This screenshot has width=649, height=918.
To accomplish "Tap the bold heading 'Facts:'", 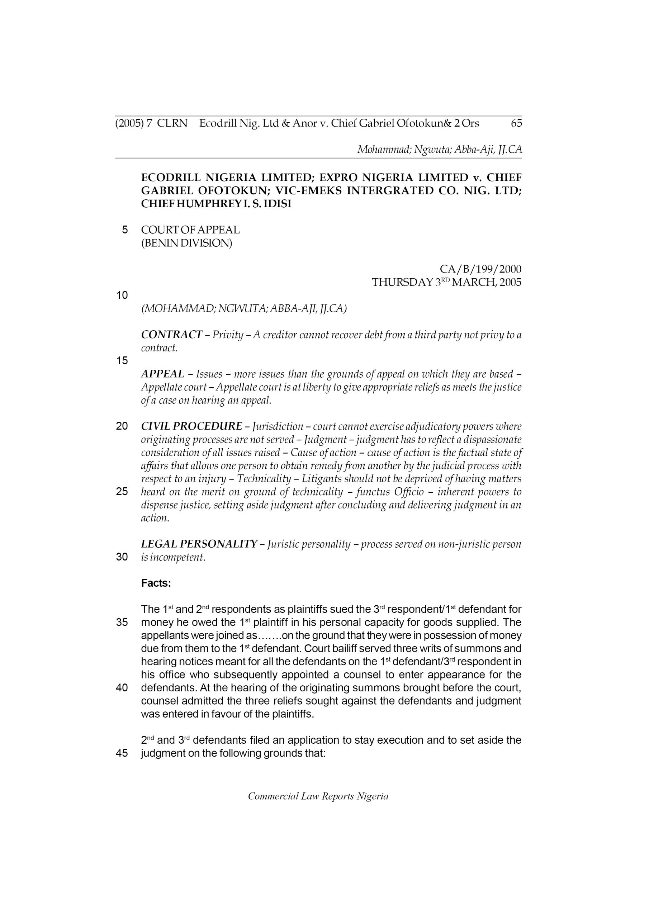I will pyautogui.click(x=156, y=583).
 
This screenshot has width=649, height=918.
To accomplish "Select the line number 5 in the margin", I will pyautogui.click(x=125, y=230).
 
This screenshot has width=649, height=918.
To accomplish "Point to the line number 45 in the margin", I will pyautogui.click(x=122, y=753).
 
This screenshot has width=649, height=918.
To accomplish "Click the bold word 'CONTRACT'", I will pyautogui.click(x=171, y=335).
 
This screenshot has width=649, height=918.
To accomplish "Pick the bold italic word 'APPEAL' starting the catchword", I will pyautogui.click(x=162, y=374).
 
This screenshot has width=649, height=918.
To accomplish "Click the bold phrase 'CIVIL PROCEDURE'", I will pyautogui.click(x=191, y=426).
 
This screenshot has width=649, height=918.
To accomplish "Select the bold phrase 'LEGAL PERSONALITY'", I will pyautogui.click(x=199, y=544).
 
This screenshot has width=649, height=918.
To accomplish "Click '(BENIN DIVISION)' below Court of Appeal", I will pyautogui.click(x=186, y=243).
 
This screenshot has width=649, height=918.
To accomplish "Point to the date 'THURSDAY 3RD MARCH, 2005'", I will pyautogui.click(x=446, y=282).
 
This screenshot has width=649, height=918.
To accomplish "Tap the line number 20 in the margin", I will pyautogui.click(x=122, y=426).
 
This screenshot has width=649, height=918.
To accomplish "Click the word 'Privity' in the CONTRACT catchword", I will pyautogui.click(x=228, y=335).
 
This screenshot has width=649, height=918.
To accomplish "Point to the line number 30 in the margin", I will pyautogui.click(x=122, y=557).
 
